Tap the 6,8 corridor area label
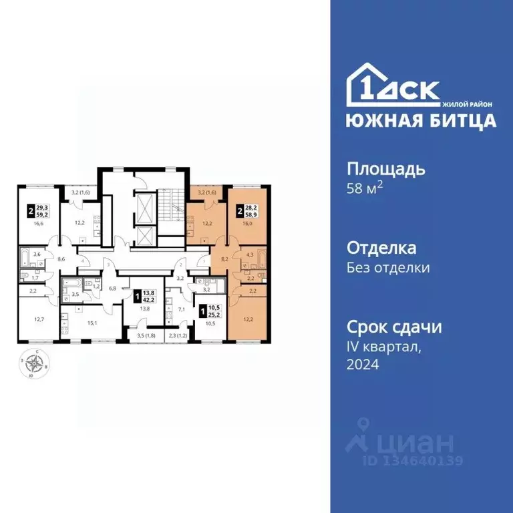click(113, 289)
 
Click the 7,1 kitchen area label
click(181, 310)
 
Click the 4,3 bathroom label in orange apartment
click(249, 254)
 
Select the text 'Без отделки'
click(388, 268)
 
